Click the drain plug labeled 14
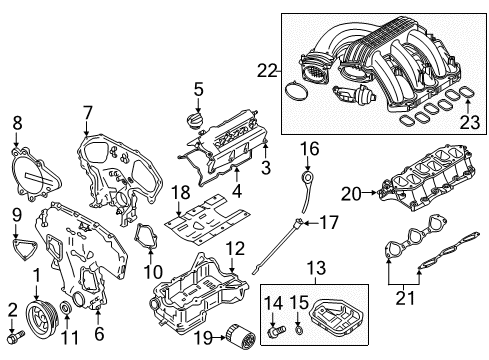click(272, 326)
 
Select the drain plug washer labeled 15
click(297, 327)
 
